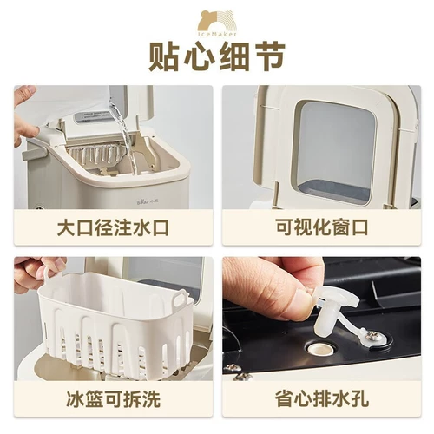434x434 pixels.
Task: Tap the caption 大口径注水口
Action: pyautogui.click(x=113, y=231)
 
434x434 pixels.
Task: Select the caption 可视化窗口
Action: pyautogui.click(x=320, y=231)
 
